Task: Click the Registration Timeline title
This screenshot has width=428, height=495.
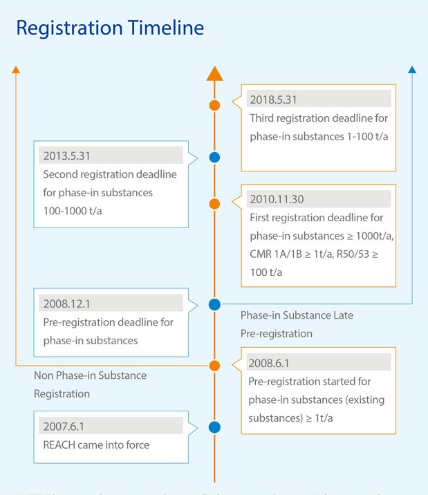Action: (x=110, y=28)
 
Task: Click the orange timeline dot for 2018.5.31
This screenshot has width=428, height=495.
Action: (x=214, y=105)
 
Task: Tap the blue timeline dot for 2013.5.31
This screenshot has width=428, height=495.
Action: (x=214, y=158)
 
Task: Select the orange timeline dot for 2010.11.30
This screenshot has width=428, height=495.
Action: (x=214, y=203)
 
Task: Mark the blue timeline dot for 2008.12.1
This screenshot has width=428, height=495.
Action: (x=214, y=304)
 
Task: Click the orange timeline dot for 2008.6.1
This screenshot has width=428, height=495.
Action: (x=214, y=365)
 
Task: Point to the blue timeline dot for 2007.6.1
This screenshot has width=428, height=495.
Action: (x=214, y=427)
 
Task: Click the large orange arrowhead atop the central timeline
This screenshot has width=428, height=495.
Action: (x=214, y=74)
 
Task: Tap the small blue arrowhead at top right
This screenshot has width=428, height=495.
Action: (x=412, y=69)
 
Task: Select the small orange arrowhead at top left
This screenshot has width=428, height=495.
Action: (x=16, y=68)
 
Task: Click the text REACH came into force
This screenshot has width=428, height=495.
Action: (x=95, y=445)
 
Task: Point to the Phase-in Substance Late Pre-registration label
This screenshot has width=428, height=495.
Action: (x=297, y=324)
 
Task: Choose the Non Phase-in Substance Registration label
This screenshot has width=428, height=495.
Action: (x=90, y=384)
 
